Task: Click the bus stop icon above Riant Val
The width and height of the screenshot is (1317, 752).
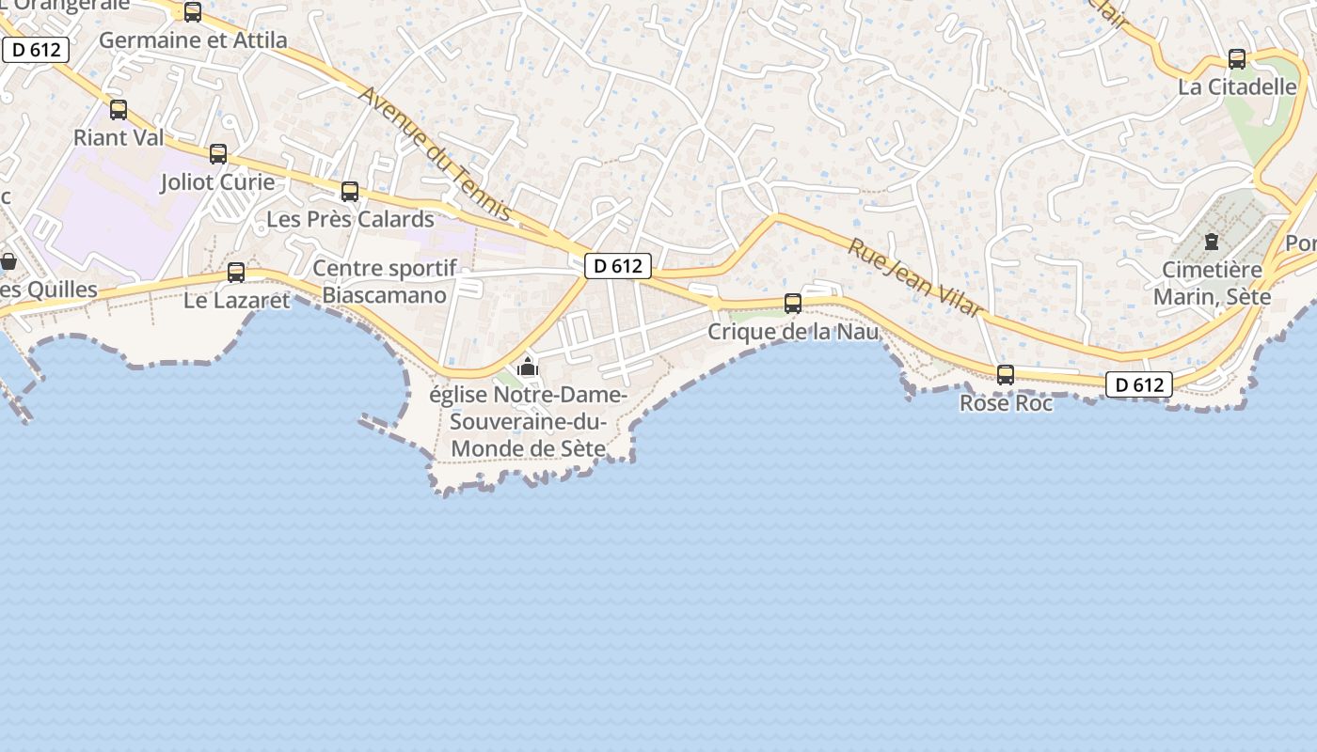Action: (x=119, y=110)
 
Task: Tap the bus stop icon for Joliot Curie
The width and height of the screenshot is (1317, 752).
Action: (x=218, y=154)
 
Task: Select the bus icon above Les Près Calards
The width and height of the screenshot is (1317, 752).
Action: (x=350, y=192)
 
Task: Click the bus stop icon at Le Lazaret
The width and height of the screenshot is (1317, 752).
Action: (x=236, y=273)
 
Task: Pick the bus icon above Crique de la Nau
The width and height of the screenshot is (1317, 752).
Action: (x=793, y=304)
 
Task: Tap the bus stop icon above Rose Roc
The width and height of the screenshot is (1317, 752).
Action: (x=1006, y=375)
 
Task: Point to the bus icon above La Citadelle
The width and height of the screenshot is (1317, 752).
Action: (x=1237, y=59)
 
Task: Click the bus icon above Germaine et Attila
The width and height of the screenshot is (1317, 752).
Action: (x=193, y=12)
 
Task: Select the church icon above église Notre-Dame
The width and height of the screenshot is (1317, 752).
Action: (x=528, y=367)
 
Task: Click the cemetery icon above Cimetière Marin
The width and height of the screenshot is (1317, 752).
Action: (x=1212, y=242)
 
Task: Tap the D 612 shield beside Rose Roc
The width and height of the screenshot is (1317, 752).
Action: (x=1139, y=384)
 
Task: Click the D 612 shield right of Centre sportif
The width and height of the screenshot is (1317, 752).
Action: (x=618, y=266)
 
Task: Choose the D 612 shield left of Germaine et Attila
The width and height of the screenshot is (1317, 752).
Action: (x=37, y=50)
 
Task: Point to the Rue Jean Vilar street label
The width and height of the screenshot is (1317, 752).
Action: (x=915, y=277)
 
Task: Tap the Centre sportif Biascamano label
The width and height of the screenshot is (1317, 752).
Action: (x=385, y=282)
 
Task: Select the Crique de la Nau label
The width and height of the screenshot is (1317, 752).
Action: (x=793, y=332)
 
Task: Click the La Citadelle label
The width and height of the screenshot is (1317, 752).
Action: (x=1237, y=87)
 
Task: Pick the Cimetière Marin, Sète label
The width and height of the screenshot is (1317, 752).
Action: (x=1212, y=284)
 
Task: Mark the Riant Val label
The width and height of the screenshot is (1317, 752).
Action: (x=119, y=137)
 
